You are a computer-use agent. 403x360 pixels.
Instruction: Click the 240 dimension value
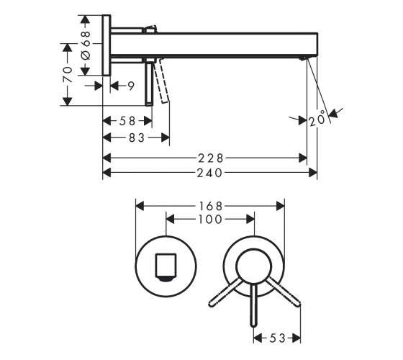(x=209, y=173)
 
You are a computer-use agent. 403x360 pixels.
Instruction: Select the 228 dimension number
(x=210, y=158)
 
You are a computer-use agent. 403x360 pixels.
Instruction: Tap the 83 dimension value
(x=137, y=138)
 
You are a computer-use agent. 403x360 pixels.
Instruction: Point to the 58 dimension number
(x=127, y=121)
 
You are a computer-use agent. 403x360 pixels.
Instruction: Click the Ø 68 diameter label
(x=86, y=45)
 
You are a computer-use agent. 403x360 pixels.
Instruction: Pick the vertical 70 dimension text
(x=68, y=75)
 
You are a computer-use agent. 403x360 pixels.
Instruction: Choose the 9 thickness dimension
(x=131, y=86)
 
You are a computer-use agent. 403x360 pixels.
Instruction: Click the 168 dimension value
(x=210, y=206)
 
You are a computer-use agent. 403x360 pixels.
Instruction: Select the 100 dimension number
(x=210, y=220)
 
